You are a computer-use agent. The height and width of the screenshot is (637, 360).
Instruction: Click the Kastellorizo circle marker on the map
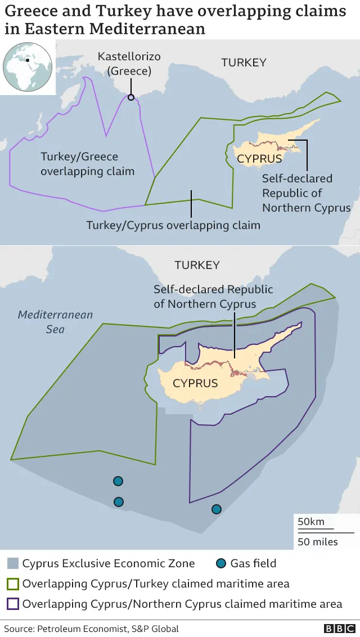131,97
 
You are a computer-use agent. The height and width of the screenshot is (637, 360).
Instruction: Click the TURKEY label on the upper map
244,62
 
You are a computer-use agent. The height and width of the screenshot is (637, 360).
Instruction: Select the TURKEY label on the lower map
197,265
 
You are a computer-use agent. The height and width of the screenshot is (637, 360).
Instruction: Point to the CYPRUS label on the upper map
259,159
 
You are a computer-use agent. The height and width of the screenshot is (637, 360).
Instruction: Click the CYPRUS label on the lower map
195,383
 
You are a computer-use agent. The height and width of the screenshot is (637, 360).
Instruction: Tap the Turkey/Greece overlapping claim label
87,164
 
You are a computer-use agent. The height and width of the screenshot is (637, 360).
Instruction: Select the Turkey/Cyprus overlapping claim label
173,226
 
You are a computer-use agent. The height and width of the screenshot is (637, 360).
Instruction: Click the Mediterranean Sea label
55,322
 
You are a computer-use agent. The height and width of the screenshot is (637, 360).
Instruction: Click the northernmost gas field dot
118,481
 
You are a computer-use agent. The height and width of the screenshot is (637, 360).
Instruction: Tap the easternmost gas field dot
216,509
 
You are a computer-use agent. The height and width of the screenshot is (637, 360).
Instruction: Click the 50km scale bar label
311,522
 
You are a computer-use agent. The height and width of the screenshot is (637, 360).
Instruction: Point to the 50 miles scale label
318,542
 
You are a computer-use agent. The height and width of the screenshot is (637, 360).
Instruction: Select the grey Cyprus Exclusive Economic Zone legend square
12,563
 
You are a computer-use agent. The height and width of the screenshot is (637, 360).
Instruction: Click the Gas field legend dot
221,563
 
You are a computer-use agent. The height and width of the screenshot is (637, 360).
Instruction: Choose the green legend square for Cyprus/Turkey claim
12,584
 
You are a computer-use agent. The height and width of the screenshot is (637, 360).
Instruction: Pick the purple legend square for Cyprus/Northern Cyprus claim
12,604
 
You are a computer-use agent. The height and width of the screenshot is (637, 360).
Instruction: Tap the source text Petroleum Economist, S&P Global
91,629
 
